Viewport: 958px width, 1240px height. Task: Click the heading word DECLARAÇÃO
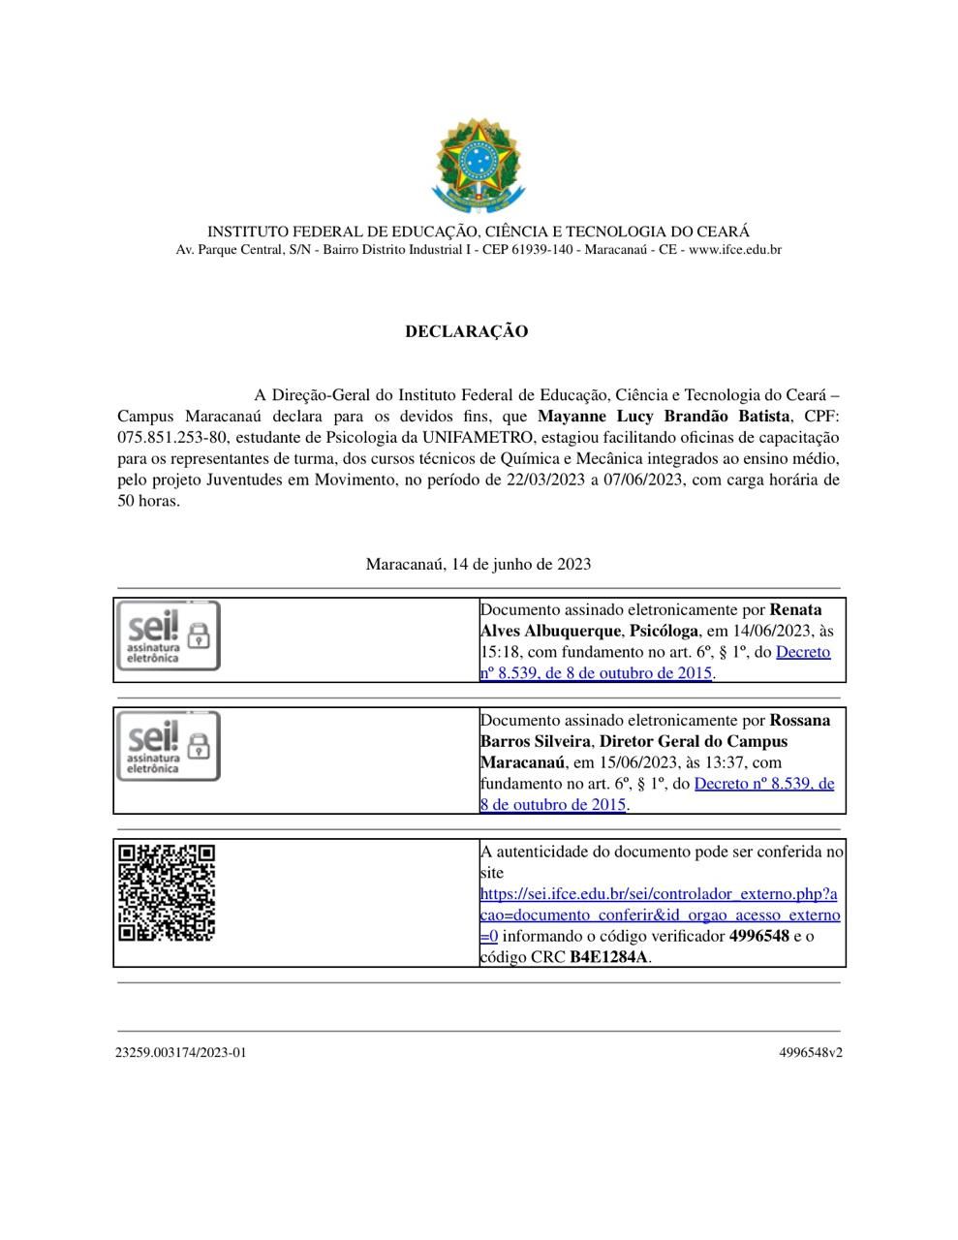pos(466,331)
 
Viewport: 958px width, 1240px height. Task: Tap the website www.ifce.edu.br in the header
pos(734,250)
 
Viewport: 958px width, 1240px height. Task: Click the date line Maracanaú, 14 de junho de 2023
pos(478,564)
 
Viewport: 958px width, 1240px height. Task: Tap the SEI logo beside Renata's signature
pos(169,635)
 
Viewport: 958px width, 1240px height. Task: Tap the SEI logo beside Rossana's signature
pos(169,746)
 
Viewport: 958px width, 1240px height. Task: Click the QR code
pos(167,892)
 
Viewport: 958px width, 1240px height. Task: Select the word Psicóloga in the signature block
pos(664,631)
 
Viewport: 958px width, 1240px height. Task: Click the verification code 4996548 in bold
pos(758,936)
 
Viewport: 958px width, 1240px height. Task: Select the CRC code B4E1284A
pos(608,957)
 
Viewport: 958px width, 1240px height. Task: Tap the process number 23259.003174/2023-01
pos(181,1052)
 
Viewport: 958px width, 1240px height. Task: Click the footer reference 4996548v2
pos(810,1052)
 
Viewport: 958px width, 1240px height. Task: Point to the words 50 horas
pos(148,501)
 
